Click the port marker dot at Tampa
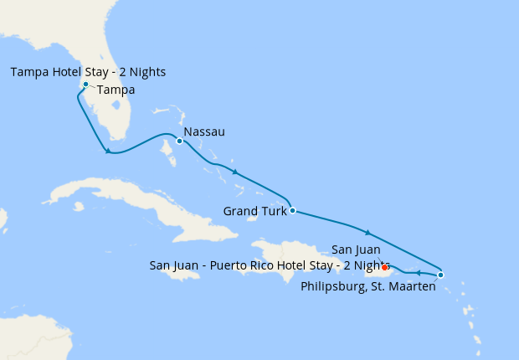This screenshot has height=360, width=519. [x=85, y=84]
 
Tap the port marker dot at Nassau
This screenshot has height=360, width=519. [x=179, y=141]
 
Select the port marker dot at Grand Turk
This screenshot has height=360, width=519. [x=291, y=210]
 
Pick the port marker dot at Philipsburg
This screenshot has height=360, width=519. [x=440, y=275]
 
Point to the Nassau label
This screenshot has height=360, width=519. [x=204, y=132]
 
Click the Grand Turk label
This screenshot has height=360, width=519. [x=254, y=211]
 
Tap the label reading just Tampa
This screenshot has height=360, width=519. [x=116, y=90]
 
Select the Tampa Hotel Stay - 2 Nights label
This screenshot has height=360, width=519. [x=88, y=72]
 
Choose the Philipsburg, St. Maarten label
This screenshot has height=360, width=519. [x=368, y=287]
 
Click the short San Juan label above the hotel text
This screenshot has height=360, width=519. [x=357, y=249]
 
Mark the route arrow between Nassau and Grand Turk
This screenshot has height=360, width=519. [x=235, y=172]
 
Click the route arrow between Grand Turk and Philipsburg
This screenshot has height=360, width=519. [x=367, y=232]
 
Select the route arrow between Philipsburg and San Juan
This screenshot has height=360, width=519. [x=417, y=272]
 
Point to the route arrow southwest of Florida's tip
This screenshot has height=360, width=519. [x=108, y=151]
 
